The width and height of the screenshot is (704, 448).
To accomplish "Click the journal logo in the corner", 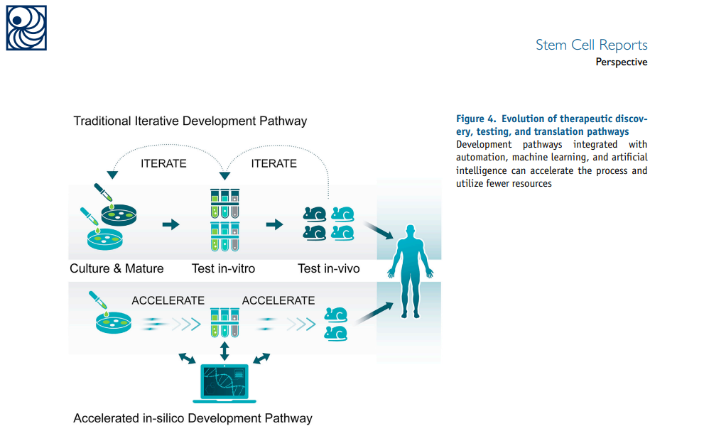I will [x=26, y=28].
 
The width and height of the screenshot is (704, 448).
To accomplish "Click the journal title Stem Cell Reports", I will [x=591, y=45].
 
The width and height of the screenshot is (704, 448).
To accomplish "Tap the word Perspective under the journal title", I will [x=621, y=62].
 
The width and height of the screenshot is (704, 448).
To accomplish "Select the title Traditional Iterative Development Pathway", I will [x=190, y=121].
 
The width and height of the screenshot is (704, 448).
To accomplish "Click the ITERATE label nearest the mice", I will [x=274, y=163].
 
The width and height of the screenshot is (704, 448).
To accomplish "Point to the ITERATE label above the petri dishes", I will [x=163, y=163].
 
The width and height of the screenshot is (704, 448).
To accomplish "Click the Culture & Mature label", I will [x=117, y=268].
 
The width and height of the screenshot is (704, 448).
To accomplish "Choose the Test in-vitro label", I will [x=223, y=268].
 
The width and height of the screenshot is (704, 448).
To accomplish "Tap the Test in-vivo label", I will [x=329, y=268].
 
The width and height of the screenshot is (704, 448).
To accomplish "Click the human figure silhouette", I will [x=408, y=270].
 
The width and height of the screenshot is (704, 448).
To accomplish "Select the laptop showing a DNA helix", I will [x=224, y=383].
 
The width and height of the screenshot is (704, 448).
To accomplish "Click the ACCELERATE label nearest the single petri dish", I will [x=168, y=300].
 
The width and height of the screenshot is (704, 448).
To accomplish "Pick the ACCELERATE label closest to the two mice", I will [x=278, y=300].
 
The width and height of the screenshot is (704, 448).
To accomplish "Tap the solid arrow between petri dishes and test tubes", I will [x=170, y=224].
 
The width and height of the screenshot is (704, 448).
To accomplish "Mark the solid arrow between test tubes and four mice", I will [x=274, y=224].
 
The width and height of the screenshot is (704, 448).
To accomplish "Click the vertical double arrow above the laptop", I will [x=225, y=351].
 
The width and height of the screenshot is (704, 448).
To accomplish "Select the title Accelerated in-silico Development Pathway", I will [x=193, y=418].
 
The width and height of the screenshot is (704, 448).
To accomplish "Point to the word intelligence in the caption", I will [x=482, y=171].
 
